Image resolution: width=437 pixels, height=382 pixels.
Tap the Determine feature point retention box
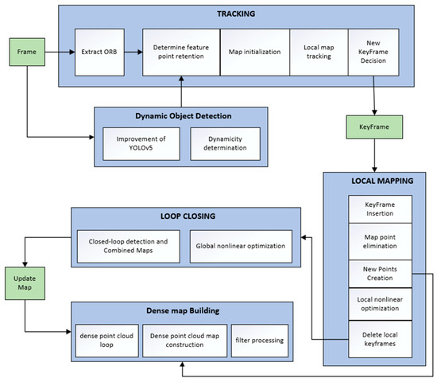pyautogui.click(x=180, y=51)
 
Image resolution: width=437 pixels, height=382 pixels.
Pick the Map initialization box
pyautogui.click(x=253, y=51)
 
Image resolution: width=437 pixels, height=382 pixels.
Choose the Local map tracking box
pyautogui.click(x=318, y=51)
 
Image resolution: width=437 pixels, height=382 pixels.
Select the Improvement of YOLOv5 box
pyautogui.click(x=140, y=142)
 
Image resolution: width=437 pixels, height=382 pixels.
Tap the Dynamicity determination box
pyautogui.click(x=224, y=142)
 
